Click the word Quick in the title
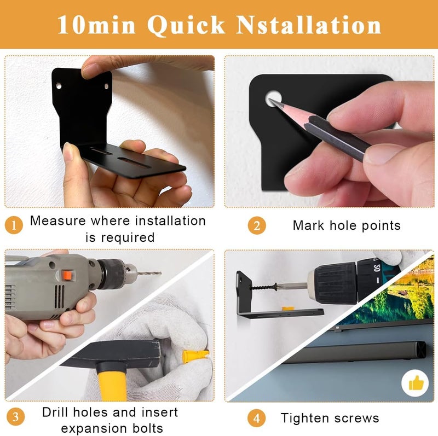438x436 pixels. click(x=186, y=25)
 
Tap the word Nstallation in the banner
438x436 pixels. click(x=308, y=25)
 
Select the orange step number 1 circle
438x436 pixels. click(x=14, y=225)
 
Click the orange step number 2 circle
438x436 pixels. click(x=257, y=225)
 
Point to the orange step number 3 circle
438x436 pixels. click(x=15, y=417)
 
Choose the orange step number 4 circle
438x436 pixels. click(x=256, y=418)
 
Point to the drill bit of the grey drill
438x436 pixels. click(x=149, y=273)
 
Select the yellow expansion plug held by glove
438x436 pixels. click(x=195, y=356)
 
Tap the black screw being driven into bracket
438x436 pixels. click(x=263, y=287)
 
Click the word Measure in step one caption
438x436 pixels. click(x=58, y=221)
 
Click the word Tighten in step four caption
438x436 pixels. click(x=305, y=418)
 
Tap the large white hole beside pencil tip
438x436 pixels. click(x=273, y=98)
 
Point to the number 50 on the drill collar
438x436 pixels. click(x=377, y=268)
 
